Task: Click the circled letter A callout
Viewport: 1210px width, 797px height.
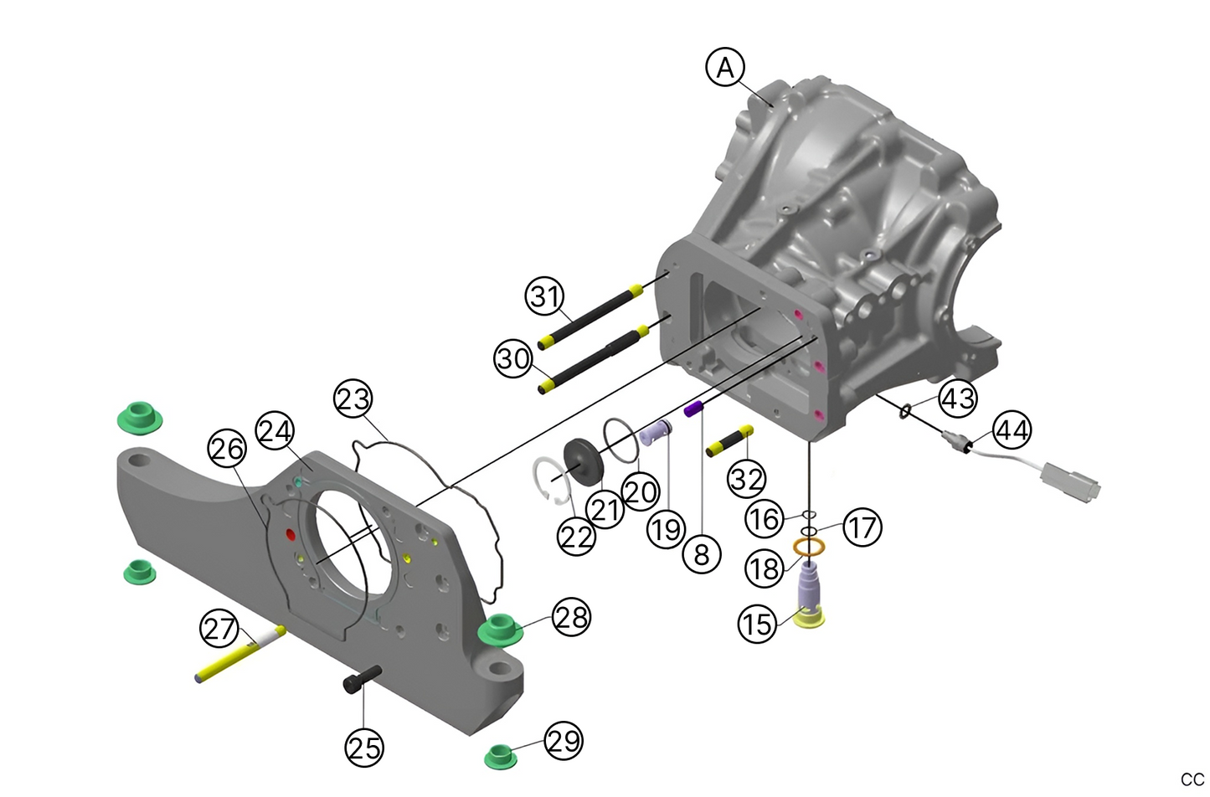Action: [x=725, y=67]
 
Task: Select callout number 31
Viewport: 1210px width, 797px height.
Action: [x=545, y=296]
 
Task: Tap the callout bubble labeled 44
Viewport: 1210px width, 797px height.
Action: [x=1012, y=430]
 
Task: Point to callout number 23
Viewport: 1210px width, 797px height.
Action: [x=353, y=398]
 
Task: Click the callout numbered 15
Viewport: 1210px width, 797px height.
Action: [x=757, y=624]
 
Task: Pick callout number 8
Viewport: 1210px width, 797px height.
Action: [x=702, y=553]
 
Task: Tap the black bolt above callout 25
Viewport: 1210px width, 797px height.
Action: [x=363, y=679]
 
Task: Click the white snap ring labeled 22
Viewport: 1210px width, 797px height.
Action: [x=549, y=482]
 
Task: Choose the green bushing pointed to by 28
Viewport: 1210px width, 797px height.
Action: [x=500, y=630]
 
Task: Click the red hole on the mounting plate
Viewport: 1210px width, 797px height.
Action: [x=290, y=534]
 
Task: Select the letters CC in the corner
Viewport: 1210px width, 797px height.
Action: [x=1192, y=779]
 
